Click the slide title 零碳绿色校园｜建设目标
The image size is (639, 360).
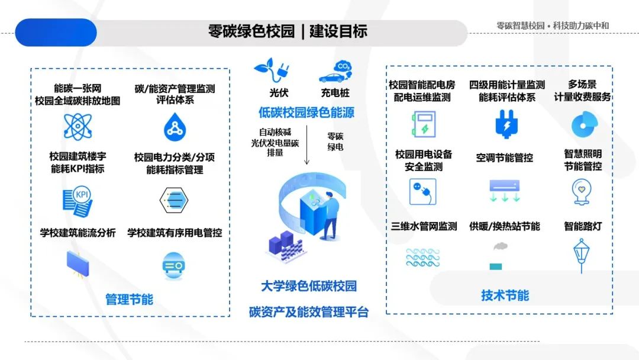(x=288, y=32)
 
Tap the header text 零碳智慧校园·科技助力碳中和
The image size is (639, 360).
(x=553, y=25)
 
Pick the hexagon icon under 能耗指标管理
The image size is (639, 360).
(x=173, y=201)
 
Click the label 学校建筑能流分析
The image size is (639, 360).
(x=78, y=233)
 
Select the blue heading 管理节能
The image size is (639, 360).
(x=129, y=299)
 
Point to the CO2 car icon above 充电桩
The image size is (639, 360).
(x=335, y=71)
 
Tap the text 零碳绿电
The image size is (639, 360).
(x=335, y=142)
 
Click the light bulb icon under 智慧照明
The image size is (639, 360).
(x=582, y=191)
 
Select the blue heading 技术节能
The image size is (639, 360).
(x=505, y=295)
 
